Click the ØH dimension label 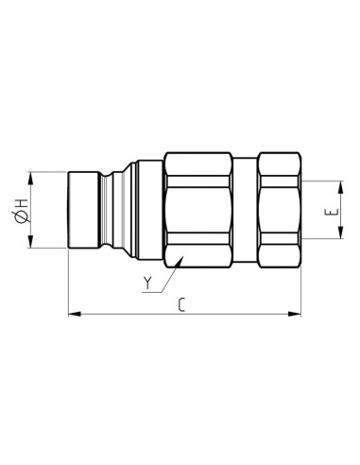(22, 211)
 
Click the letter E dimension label (332, 212)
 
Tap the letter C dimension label (180, 304)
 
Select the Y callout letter (147, 283)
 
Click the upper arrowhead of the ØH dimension (30, 178)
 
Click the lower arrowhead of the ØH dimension (30, 242)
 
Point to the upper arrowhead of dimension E (340, 187)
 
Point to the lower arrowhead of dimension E (340, 232)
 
